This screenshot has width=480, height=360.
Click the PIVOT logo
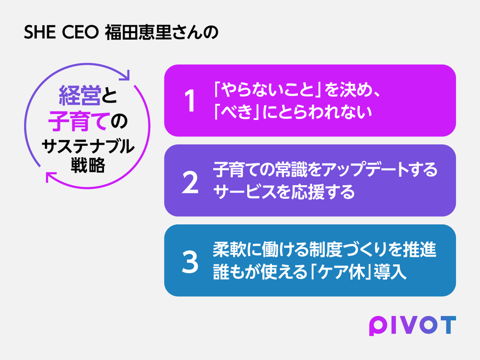coord(412,325)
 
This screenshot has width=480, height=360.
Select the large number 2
coord(190,182)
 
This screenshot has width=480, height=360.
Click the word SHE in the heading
coord(40,32)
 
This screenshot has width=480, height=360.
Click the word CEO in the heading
coord(80,32)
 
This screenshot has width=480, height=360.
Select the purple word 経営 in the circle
coord(80,95)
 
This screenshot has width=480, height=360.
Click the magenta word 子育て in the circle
coord(78,121)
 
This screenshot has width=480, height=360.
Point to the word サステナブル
coord(88,146)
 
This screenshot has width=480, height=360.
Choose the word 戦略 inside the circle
coord(88,165)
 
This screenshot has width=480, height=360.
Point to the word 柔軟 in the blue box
coord(230,249)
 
